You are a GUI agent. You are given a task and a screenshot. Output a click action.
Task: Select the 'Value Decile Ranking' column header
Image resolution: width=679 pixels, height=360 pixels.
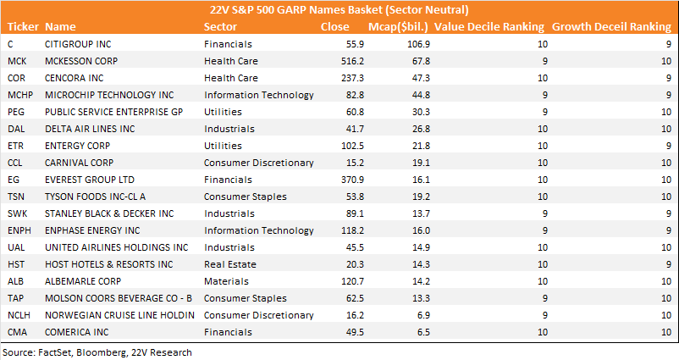click(489, 27)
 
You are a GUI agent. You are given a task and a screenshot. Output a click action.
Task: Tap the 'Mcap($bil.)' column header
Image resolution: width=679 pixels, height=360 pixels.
click(398, 27)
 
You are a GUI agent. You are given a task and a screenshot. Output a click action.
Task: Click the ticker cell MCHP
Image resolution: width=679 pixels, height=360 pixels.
click(20, 95)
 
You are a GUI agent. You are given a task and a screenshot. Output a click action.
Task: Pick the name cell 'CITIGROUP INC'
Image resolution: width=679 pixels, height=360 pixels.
click(78, 44)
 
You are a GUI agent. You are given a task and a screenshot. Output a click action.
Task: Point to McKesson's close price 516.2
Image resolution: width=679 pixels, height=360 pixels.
click(352, 61)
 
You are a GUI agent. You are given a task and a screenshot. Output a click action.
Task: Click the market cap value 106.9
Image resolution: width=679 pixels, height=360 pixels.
click(419, 44)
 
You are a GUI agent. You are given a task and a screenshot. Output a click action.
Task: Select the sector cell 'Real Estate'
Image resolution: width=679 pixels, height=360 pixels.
click(230, 264)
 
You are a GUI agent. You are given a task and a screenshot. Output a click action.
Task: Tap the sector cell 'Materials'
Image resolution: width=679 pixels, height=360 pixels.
click(226, 281)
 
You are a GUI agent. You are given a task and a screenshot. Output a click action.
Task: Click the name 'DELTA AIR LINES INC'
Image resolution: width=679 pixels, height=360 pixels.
click(90, 129)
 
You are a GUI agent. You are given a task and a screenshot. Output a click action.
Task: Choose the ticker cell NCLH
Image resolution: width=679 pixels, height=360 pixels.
click(19, 315)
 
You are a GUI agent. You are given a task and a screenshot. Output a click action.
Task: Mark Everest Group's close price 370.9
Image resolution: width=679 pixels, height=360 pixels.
click(352, 180)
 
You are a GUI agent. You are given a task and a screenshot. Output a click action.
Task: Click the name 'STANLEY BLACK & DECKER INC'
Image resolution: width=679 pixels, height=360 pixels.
click(109, 213)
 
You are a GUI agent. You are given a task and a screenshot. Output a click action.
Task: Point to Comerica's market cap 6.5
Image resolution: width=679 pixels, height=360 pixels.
click(423, 332)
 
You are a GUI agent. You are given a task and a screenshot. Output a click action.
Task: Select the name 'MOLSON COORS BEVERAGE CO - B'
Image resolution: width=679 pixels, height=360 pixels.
click(119, 298)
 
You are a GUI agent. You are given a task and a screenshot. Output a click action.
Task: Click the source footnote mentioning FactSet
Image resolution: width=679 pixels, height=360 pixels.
click(97, 352)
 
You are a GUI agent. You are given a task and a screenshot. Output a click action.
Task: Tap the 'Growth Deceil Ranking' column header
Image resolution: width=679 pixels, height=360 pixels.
click(611, 27)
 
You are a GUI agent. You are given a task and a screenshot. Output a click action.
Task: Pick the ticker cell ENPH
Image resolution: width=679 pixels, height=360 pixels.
click(19, 230)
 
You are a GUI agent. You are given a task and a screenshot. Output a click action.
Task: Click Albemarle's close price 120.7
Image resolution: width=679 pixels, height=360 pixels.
click(352, 281)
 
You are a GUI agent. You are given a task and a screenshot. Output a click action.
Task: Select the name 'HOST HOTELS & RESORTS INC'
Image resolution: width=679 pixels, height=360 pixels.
click(108, 264)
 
